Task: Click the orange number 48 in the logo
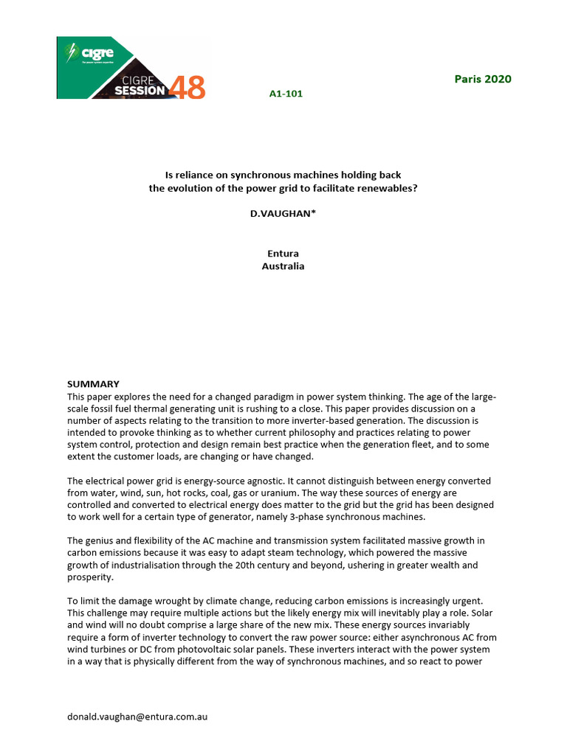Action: (x=187, y=88)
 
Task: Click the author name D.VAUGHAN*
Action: (x=283, y=212)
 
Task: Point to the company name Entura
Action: (x=283, y=254)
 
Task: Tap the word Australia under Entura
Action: (x=283, y=266)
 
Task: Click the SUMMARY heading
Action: (x=93, y=384)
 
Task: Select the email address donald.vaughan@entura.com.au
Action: (x=137, y=716)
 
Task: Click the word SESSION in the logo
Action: (x=140, y=91)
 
